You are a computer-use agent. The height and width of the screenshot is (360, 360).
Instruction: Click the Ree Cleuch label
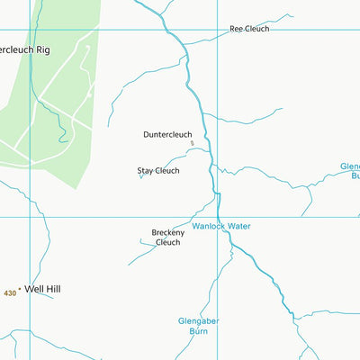(249, 29)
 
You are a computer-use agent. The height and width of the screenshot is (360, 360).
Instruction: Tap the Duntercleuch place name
(167, 135)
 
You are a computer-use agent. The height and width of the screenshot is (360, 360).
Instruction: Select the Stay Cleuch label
(158, 170)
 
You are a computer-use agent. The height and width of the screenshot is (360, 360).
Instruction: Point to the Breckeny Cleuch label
(167, 238)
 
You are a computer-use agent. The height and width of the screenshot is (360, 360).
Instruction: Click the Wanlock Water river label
(221, 226)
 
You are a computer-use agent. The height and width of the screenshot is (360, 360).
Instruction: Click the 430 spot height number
(10, 293)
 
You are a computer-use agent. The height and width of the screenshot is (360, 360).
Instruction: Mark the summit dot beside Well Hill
(20, 290)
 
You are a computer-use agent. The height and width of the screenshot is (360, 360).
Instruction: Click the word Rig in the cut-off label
(41, 49)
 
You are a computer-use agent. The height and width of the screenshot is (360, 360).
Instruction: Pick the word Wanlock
(209, 226)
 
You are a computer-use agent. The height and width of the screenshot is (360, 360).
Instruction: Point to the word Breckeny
(167, 233)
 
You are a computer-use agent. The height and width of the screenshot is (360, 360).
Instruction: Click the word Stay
(145, 170)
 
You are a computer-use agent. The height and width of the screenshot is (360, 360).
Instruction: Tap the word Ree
(237, 29)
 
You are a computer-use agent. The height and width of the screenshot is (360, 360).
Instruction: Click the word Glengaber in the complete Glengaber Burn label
(199, 320)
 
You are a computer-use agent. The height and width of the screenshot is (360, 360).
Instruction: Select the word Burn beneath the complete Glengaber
(199, 331)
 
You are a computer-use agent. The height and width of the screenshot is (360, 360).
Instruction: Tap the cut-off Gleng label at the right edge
(349, 166)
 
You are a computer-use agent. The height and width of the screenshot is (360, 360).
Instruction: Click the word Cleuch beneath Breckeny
(167, 242)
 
